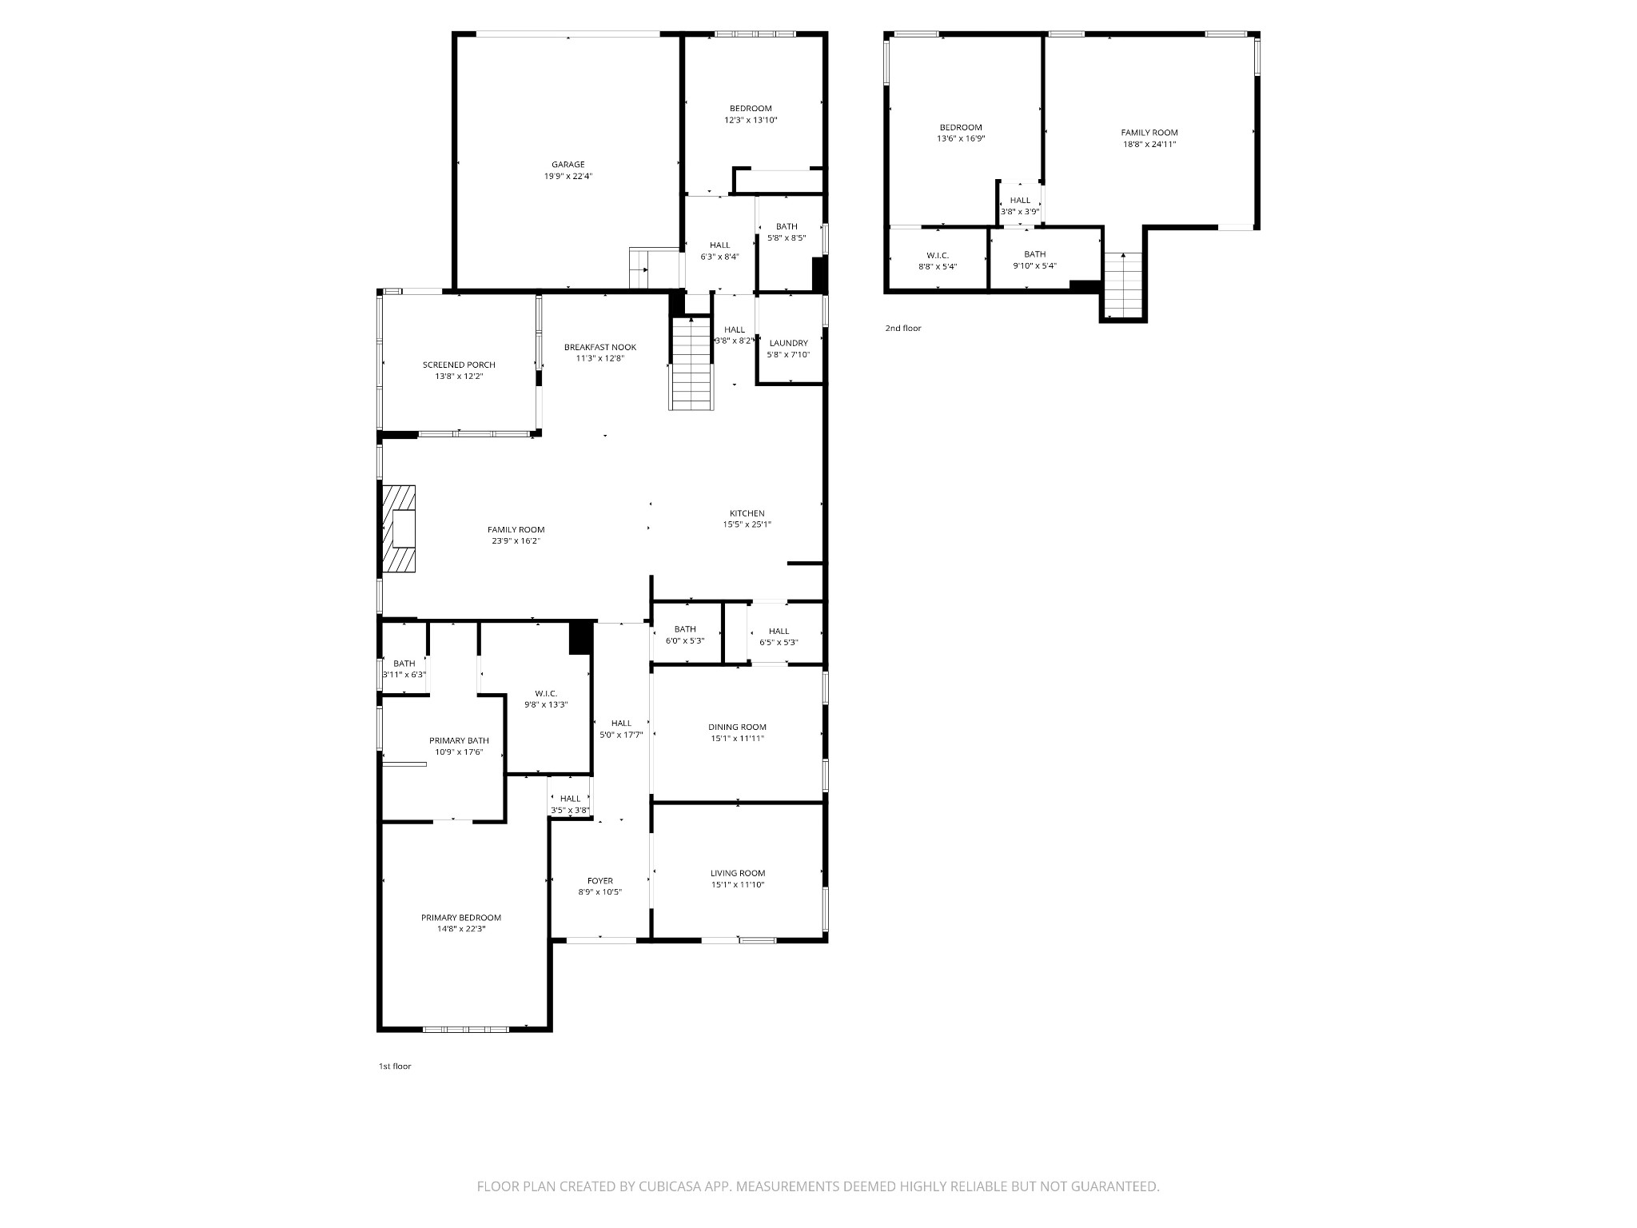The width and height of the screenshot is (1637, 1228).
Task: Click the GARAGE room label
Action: point(568,165)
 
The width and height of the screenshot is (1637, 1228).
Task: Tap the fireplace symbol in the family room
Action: point(399,528)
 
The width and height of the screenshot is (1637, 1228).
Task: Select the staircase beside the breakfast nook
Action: point(691,364)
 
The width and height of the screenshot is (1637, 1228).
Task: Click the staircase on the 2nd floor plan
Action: point(1123,285)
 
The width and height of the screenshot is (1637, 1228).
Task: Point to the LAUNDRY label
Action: point(788,343)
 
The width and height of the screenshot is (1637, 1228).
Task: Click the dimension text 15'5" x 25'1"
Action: point(747,525)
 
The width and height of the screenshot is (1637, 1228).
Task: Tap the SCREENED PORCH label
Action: point(459,365)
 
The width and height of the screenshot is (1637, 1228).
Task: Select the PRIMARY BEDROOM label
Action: point(461,918)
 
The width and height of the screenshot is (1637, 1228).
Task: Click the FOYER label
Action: point(599,881)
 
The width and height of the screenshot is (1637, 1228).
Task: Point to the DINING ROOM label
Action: point(737,728)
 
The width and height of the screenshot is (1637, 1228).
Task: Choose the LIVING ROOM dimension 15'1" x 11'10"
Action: point(737,885)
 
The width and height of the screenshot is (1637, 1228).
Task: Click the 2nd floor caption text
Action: point(902,329)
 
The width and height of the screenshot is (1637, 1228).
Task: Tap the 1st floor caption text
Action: point(395,1067)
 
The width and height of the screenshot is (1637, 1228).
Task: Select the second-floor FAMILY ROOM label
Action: point(1149,133)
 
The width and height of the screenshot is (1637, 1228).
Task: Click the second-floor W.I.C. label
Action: point(938,255)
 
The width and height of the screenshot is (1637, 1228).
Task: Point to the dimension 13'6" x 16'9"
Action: point(960,138)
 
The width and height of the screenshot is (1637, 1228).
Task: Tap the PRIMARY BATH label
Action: point(459,740)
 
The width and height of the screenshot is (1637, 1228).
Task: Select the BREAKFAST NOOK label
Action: point(599,347)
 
